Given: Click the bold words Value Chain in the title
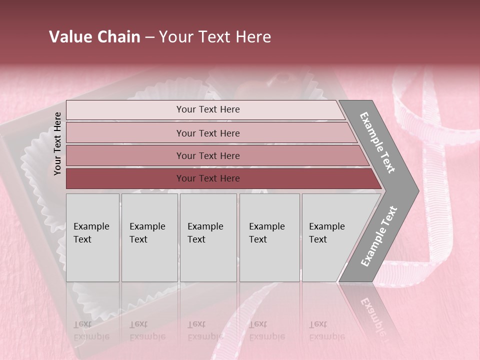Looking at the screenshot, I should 94,37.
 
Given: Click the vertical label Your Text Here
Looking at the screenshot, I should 57,143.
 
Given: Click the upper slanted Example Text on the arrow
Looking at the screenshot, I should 377,142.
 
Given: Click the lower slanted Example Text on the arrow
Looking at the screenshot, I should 379,236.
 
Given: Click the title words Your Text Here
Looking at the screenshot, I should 215,37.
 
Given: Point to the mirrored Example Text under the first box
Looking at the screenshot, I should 91,330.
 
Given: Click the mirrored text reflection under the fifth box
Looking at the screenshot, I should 326,330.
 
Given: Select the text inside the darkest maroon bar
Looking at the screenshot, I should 208,178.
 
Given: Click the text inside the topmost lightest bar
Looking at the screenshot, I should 208,109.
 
